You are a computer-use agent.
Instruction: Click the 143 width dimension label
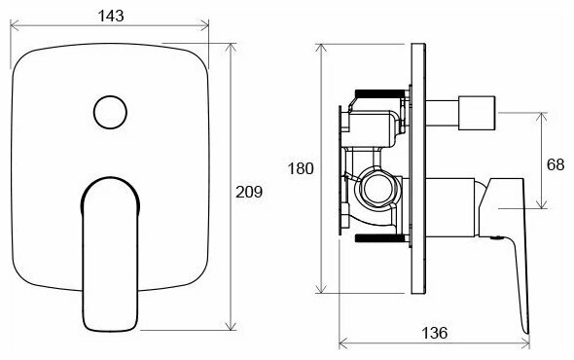tap(111, 16)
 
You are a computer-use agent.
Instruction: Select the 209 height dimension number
tap(249, 192)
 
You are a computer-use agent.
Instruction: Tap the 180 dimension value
tap(301, 169)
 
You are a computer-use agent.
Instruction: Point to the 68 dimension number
tap(556, 164)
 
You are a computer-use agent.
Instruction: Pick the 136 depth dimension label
tap(435, 333)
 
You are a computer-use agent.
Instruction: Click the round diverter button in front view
tap(110, 113)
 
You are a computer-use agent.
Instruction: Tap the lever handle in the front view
tap(110, 254)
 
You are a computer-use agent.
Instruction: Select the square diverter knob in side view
tap(477, 113)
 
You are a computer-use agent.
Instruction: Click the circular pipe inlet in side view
tap(378, 189)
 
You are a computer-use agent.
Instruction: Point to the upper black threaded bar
tap(380, 93)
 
